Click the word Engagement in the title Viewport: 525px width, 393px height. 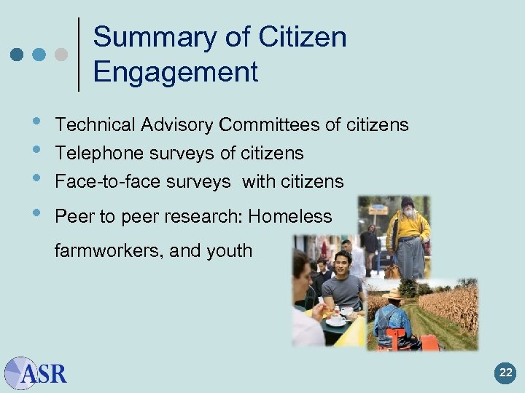click(x=176, y=72)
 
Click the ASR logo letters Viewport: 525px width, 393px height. click(x=45, y=374)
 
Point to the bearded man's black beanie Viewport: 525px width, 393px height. click(x=407, y=202)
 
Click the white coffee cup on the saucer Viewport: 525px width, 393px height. click(x=337, y=319)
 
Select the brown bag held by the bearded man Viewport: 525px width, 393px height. click(x=392, y=271)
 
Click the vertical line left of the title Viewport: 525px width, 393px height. click(x=79, y=55)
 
